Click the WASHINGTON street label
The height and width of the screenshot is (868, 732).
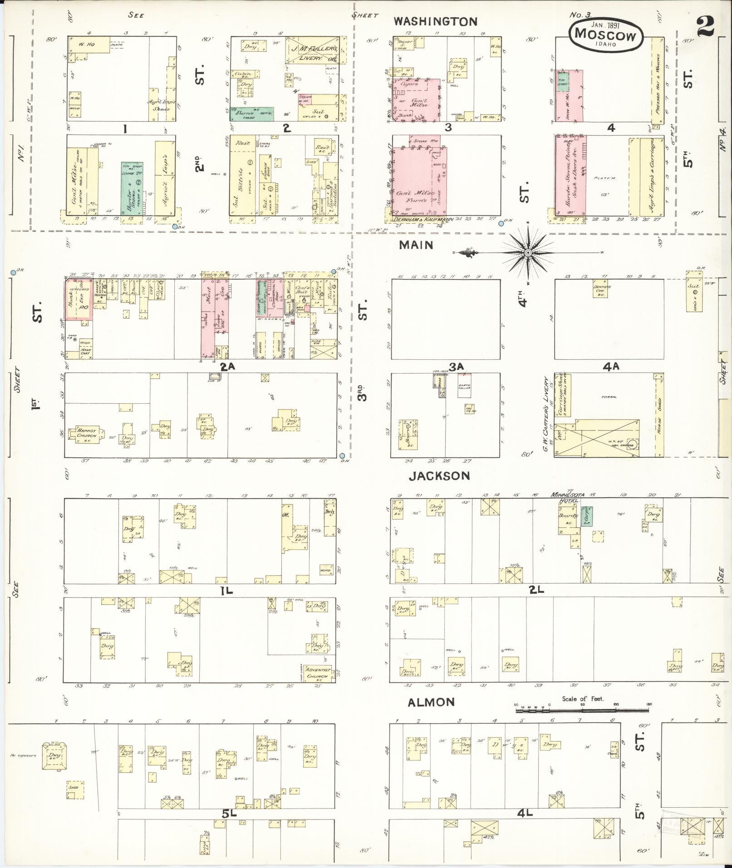[435, 21]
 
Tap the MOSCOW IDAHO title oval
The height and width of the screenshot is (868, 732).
[605, 34]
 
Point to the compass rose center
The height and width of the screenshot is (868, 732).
[528, 252]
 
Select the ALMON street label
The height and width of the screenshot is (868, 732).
[431, 702]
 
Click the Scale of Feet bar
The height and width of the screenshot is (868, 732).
[583, 710]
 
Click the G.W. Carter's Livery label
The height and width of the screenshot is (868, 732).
[547, 408]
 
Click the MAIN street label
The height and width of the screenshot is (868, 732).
[416, 245]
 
